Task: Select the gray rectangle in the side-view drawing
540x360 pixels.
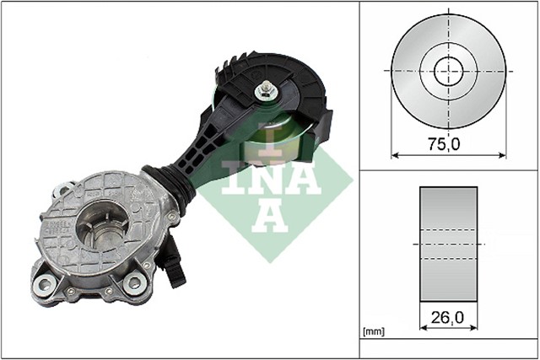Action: tap(448, 244)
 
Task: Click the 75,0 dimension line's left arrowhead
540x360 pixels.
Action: tap(395, 155)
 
